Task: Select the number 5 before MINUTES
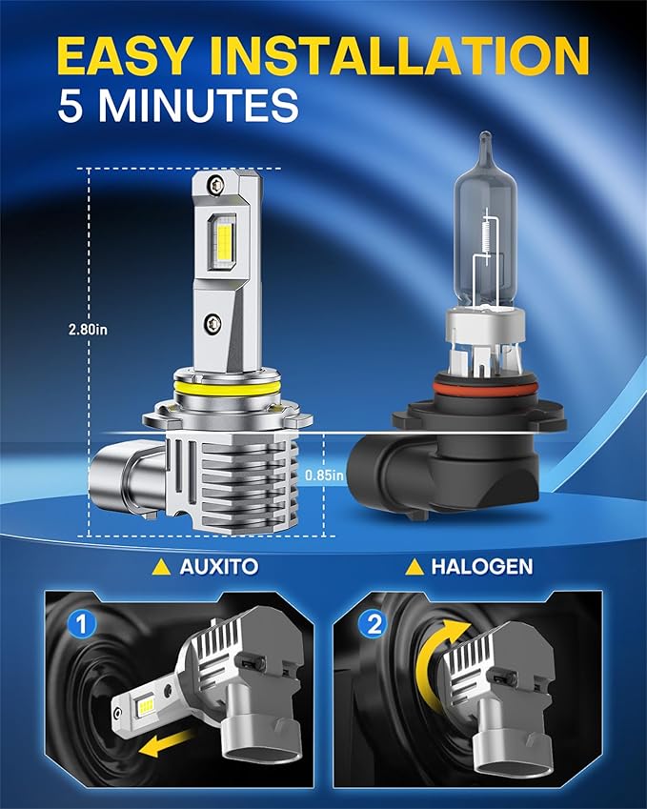(x=73, y=106)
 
